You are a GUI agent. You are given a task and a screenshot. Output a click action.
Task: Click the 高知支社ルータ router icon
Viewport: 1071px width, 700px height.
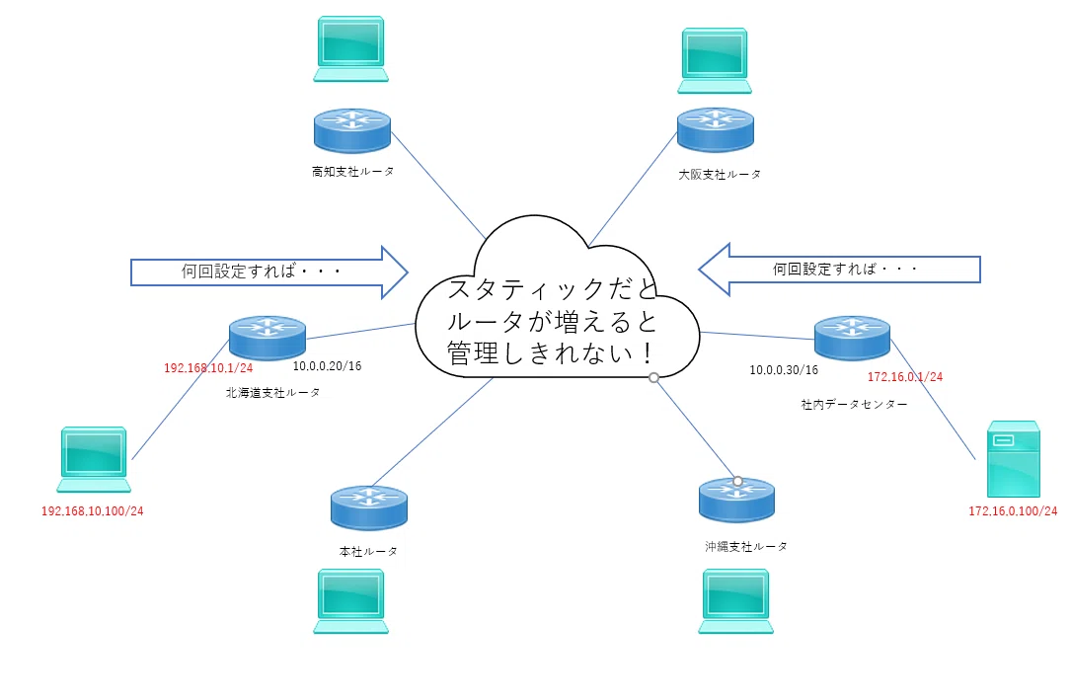[351, 129]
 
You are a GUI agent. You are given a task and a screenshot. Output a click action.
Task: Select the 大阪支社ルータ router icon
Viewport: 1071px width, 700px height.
[715, 129]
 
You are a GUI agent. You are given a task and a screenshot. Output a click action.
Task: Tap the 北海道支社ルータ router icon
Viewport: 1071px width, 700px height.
[268, 338]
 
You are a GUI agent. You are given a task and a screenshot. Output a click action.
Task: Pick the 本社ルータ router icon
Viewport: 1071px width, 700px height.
[369, 507]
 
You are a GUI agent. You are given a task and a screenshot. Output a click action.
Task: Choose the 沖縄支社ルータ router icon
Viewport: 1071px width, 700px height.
[737, 500]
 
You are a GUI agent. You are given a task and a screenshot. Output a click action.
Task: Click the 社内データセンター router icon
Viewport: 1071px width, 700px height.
[853, 338]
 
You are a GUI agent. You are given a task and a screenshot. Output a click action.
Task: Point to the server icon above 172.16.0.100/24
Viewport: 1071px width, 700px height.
[1014, 459]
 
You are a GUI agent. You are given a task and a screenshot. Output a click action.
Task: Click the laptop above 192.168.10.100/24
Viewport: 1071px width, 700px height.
[94, 460]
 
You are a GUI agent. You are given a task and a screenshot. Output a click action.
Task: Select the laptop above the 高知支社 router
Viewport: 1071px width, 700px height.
[351, 49]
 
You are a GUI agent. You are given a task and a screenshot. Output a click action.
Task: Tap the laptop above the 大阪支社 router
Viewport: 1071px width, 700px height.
[715, 61]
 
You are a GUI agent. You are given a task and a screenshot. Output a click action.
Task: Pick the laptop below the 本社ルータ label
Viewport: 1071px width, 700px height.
[351, 601]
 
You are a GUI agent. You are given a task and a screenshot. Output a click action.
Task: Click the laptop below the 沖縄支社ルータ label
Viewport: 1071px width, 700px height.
[735, 601]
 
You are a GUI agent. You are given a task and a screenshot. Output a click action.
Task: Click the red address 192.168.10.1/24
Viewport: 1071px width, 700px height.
[208, 368]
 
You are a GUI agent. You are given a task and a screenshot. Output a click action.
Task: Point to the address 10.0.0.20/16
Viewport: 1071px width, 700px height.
[327, 366]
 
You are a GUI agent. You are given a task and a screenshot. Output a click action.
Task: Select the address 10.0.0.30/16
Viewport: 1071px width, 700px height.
[784, 370]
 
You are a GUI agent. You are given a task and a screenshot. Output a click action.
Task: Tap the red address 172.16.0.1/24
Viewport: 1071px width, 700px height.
[905, 376]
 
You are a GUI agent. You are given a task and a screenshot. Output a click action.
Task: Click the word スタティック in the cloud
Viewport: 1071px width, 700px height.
[527, 289]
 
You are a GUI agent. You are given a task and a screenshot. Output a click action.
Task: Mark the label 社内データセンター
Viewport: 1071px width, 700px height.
[854, 404]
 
